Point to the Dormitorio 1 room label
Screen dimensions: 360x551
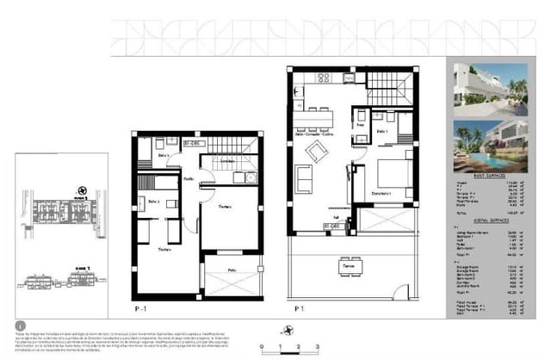tap(381, 193)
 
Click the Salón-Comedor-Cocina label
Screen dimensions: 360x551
tap(316, 134)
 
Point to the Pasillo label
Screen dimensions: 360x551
tap(189, 178)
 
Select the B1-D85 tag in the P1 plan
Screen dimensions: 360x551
tap(329, 227)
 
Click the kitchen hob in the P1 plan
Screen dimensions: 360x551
tap(325, 80)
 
